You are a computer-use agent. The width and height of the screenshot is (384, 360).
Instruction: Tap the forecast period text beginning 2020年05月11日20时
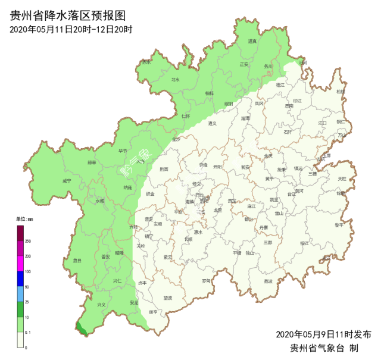click(x=71, y=29)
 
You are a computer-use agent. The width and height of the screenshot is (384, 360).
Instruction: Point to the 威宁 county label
click(x=66, y=180)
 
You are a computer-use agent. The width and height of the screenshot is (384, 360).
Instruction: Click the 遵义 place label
click(x=213, y=123)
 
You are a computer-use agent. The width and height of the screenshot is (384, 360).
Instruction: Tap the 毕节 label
click(x=123, y=151)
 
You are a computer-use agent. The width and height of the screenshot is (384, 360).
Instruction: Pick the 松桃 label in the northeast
click(x=340, y=92)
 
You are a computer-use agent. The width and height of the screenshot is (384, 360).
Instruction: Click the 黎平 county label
click(x=339, y=225)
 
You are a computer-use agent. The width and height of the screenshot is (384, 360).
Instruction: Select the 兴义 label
click(x=101, y=305)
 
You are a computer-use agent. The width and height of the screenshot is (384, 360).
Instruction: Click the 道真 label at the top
click(x=252, y=41)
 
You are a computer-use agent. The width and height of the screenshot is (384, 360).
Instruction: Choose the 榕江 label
click(x=304, y=243)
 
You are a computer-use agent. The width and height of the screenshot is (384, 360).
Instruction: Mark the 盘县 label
click(x=76, y=260)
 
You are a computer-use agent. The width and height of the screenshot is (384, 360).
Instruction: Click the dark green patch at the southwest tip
click(x=82, y=328)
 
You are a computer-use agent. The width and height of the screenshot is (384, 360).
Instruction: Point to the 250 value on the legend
click(x=28, y=241)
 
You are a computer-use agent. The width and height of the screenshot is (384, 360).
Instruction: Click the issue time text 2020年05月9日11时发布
click(x=323, y=334)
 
